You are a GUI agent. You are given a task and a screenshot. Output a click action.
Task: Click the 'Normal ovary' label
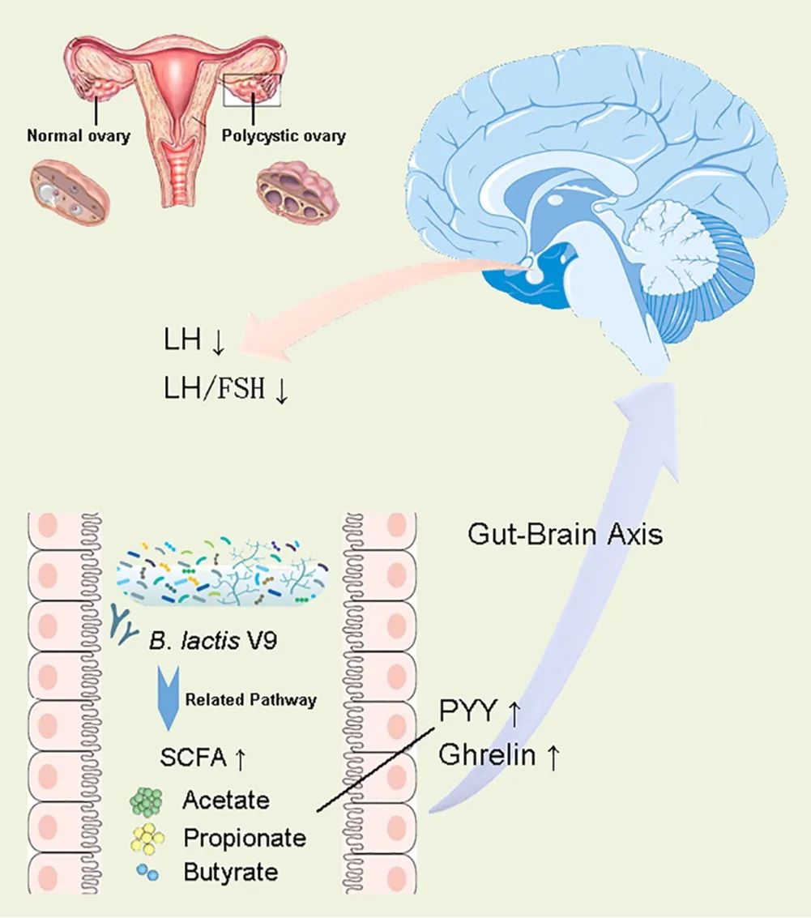coord(79,136)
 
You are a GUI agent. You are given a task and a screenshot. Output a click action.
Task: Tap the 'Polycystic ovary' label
coord(284,136)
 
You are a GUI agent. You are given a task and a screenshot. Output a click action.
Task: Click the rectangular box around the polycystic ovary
coord(252,90)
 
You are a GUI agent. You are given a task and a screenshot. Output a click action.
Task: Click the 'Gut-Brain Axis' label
coord(565,535)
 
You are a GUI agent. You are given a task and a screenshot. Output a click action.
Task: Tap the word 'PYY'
coord(467,712)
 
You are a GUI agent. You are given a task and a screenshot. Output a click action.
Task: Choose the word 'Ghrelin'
coord(487,755)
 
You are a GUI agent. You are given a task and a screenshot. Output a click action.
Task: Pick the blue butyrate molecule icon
coord(146,873)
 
